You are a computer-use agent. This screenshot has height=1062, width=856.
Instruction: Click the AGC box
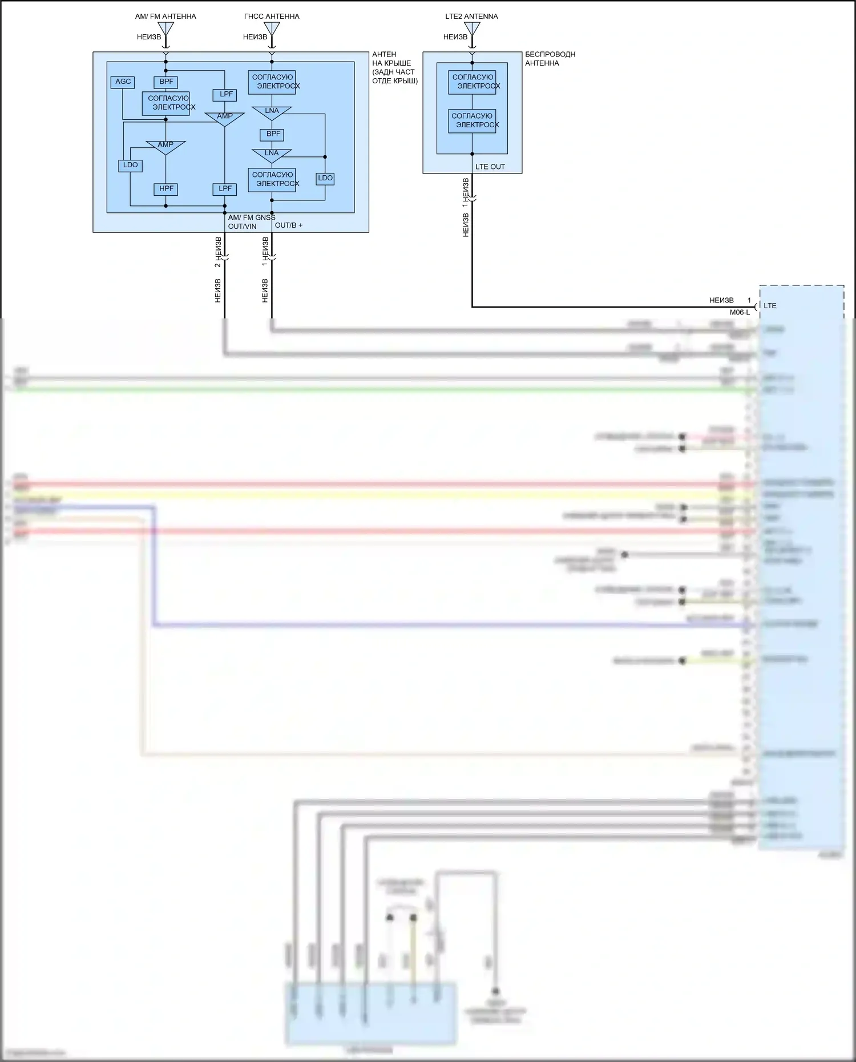coord(123,82)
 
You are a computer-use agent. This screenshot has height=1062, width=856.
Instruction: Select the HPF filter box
coord(166,189)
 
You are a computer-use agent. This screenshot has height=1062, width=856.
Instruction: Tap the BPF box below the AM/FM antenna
coord(166,82)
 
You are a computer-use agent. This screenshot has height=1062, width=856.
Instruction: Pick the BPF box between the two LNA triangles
coord(273,135)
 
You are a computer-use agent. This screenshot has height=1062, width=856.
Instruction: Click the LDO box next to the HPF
coord(130,165)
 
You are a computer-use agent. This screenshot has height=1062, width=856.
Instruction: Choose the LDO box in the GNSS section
coord(325,179)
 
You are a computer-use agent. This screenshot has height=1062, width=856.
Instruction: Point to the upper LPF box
coord(226,95)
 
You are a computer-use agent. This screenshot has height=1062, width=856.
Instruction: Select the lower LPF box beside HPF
coord(225,189)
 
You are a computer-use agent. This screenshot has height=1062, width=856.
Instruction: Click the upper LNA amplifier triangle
coord(272,112)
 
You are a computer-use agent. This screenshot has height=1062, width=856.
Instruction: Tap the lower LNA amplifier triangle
coord(272,154)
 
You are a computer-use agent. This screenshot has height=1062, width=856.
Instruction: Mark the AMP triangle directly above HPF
coord(165,146)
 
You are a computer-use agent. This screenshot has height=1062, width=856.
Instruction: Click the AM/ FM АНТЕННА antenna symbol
coord(165,30)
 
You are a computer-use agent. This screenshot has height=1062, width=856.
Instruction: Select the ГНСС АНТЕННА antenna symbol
coord(272,30)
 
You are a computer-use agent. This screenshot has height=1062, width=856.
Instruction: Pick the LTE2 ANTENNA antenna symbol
coord(472,30)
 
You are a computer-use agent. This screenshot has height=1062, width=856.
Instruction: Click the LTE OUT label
coord(490,167)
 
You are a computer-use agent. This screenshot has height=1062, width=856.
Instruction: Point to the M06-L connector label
coord(740,313)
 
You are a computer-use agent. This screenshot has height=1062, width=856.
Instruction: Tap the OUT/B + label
coord(289,225)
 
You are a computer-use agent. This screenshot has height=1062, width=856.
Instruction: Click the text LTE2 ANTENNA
coord(471,17)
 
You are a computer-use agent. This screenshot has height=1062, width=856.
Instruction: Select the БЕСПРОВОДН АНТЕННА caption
coord(550,59)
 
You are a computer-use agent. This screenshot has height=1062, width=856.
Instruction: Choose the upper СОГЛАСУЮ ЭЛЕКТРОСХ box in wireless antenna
coord(473,82)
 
